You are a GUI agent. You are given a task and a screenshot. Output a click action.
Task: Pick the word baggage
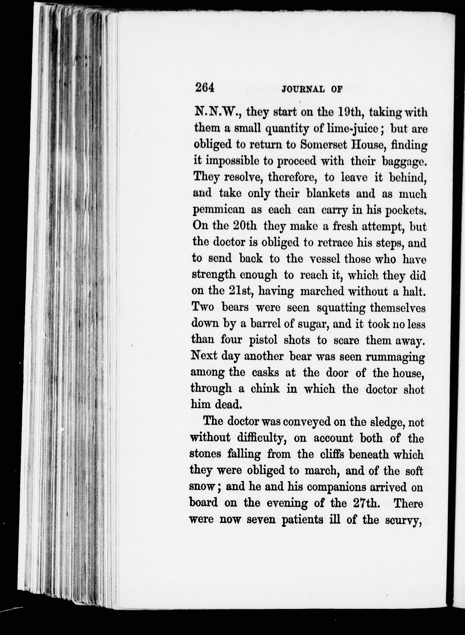pyautogui.click(x=404, y=161)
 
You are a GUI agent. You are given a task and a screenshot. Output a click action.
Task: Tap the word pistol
pyautogui.click(x=263, y=340)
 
